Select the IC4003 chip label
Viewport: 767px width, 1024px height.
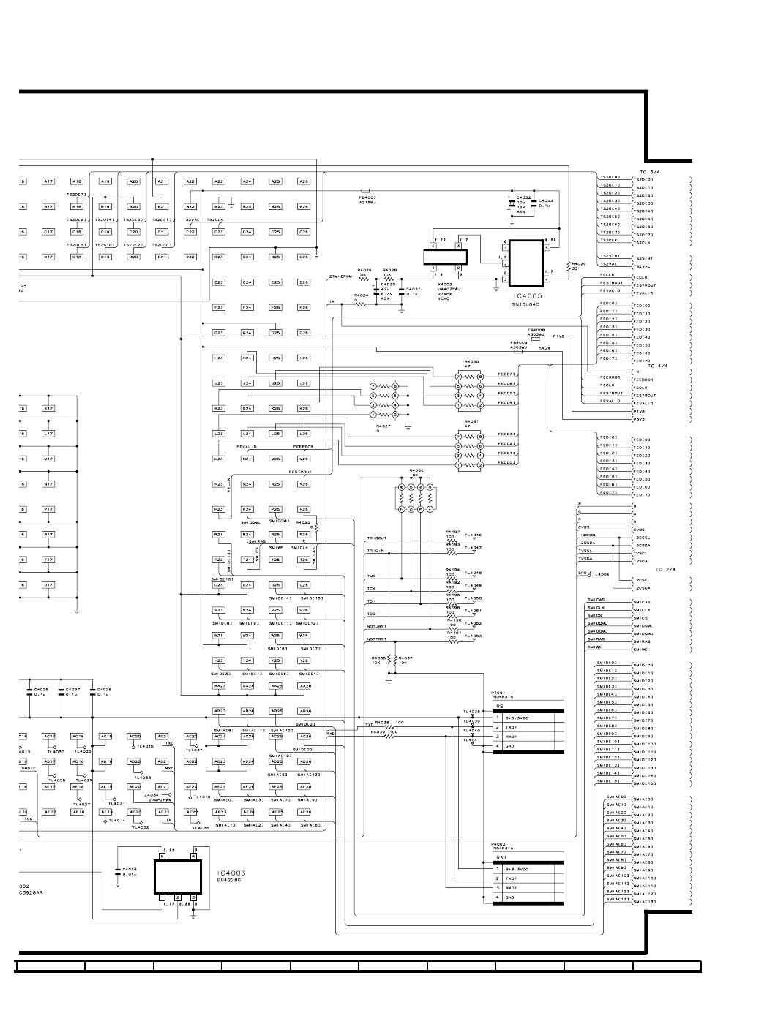click(231, 873)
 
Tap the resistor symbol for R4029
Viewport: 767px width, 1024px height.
click(568, 264)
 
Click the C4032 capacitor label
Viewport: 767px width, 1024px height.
click(523, 197)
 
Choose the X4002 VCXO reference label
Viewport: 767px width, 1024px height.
click(444, 284)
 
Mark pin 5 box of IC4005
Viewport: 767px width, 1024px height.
click(547, 248)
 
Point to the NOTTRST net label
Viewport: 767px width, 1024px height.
click(376, 640)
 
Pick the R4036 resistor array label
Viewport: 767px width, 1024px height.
click(416, 470)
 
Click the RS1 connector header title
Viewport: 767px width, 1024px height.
click(501, 857)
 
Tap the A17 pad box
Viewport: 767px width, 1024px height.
click(48, 181)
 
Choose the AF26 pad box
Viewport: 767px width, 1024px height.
click(304, 812)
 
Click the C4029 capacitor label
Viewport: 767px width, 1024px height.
click(130, 869)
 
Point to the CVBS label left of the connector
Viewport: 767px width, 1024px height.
click(583, 527)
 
